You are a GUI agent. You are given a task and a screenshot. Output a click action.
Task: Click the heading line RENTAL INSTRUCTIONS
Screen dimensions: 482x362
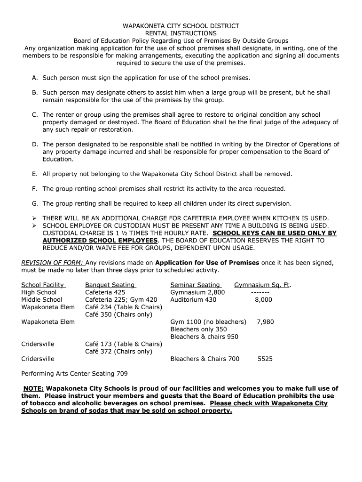click(x=181, y=33)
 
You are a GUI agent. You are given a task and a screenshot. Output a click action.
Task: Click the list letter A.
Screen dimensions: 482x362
click(x=35, y=78)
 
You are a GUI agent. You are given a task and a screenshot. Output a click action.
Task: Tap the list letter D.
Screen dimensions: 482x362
click(x=35, y=145)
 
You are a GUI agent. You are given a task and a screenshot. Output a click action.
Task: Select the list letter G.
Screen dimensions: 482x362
click(x=35, y=204)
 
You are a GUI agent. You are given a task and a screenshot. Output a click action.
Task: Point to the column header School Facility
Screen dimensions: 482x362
click(x=43, y=285)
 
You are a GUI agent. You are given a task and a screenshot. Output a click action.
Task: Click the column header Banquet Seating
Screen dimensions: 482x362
click(x=110, y=285)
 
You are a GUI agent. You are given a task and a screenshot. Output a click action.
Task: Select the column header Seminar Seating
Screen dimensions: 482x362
click(x=195, y=285)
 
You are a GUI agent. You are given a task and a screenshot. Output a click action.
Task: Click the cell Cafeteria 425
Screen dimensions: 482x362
click(x=105, y=292)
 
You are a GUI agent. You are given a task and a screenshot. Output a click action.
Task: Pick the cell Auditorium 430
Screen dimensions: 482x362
click(x=193, y=299)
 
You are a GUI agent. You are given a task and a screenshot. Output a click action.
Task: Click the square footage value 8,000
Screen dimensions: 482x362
click(x=263, y=299)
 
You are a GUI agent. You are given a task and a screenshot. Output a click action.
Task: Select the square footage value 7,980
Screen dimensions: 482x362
click(x=265, y=322)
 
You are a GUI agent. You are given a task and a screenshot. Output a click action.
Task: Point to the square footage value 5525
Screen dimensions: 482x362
click(x=265, y=359)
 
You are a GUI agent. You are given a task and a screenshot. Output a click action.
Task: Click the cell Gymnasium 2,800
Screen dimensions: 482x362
click(x=197, y=292)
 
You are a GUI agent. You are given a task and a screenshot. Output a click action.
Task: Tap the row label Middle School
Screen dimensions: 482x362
click(x=42, y=299)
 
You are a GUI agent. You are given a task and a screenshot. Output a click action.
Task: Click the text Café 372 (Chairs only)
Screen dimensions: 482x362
click(x=119, y=351)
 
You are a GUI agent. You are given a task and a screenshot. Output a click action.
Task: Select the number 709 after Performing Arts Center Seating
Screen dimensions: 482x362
click(x=122, y=374)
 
